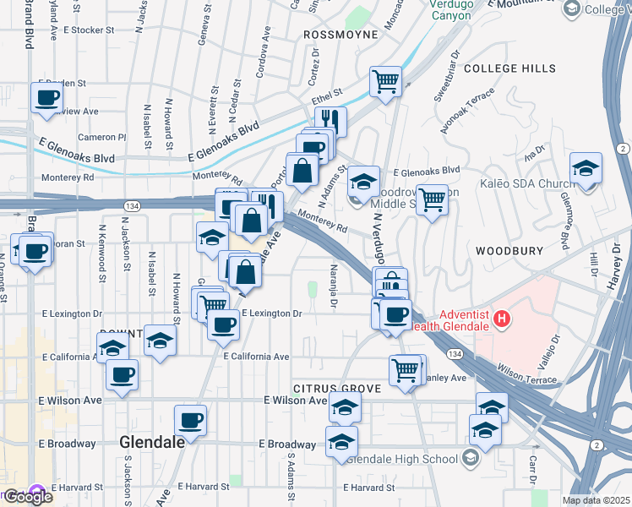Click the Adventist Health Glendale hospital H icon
click(x=503, y=319)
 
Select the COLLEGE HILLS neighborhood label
click(x=509, y=68)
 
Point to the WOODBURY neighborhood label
click(x=506, y=251)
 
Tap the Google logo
click(x=27, y=497)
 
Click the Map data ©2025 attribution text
click(x=596, y=500)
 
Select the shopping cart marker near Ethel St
click(x=385, y=82)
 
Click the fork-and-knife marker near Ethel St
click(x=330, y=121)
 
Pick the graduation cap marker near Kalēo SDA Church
click(x=586, y=167)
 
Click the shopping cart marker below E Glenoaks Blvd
click(x=432, y=199)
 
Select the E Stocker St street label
click(x=88, y=30)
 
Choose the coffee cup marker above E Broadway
click(x=190, y=420)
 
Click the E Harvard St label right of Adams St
click(x=368, y=488)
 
